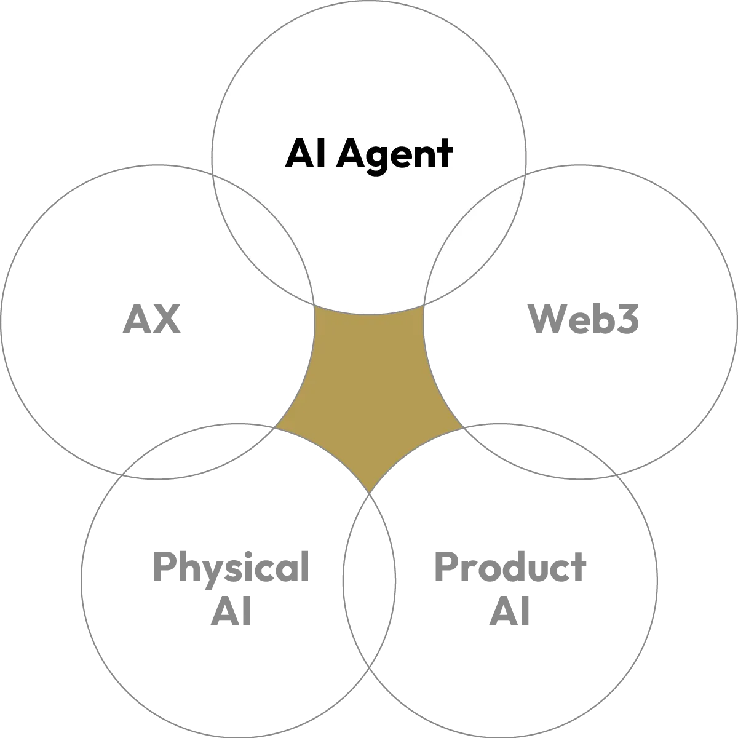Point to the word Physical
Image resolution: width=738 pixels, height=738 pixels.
click(x=230, y=569)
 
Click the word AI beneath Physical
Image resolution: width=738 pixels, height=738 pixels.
click(x=230, y=613)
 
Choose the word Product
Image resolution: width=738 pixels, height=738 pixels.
click(x=510, y=569)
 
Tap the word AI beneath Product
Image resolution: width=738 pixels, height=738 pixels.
click(x=510, y=613)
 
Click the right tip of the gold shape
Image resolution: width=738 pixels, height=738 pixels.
click(x=459, y=426)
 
